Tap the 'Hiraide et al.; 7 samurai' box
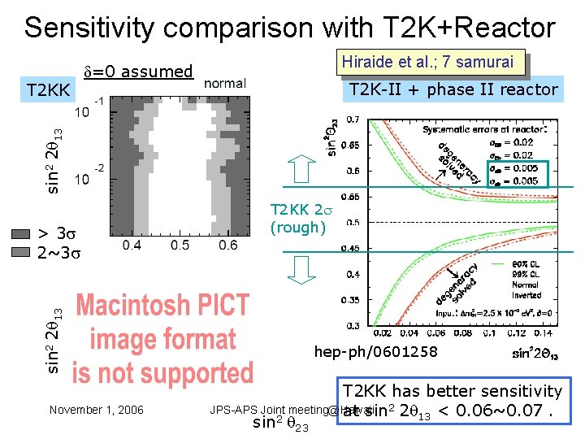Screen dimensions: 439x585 coord(427,62)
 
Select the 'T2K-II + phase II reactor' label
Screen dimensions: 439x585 coord(453,89)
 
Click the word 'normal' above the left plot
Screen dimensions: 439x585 coord(224,83)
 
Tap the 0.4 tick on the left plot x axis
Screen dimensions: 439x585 coord(132,245)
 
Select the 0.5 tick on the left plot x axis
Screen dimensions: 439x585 coord(180,245)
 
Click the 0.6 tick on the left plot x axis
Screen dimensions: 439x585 coord(227,245)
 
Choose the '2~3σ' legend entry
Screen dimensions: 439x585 coord(59,252)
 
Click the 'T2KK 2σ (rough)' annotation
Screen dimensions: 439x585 coord(297,218)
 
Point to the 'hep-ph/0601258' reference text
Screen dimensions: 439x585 coord(375,352)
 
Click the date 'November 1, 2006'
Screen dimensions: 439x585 coord(96,410)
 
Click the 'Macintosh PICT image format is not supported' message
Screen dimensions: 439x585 coord(162,339)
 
